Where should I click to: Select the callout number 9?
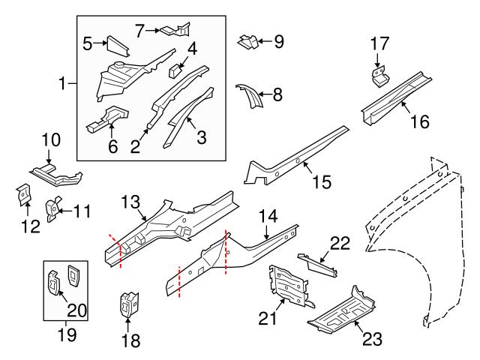(279, 41)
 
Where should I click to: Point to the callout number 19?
(67, 334)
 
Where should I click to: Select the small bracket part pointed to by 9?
(249, 42)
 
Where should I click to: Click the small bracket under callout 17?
(381, 76)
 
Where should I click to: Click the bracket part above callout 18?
(128, 303)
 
